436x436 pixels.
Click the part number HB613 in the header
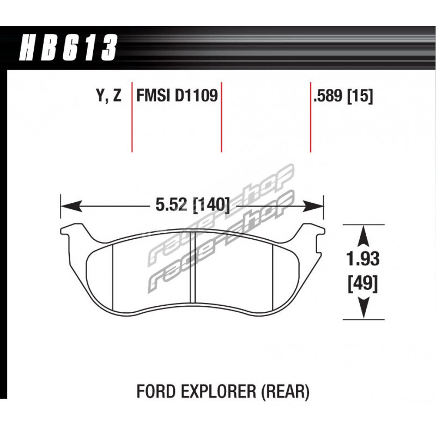click(68, 47)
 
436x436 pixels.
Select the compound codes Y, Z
click(109, 96)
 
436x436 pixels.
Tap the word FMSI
click(153, 96)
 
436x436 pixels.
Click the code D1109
click(196, 96)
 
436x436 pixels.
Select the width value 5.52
click(171, 205)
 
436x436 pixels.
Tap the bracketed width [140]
click(212, 205)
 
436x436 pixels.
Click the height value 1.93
click(363, 259)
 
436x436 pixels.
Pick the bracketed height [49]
click(363, 284)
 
